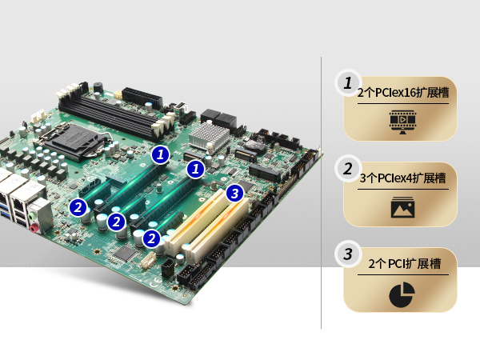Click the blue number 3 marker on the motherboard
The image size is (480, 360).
(x=234, y=193)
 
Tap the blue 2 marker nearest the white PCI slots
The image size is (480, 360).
(x=151, y=238)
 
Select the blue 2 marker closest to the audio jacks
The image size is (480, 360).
(x=78, y=207)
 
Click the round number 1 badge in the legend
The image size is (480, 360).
(x=348, y=83)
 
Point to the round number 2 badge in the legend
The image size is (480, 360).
(x=348, y=169)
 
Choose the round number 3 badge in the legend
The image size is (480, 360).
(x=348, y=254)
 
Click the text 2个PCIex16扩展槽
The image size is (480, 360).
(x=403, y=93)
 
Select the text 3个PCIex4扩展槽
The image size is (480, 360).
(x=403, y=178)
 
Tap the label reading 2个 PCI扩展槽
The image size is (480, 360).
(x=404, y=263)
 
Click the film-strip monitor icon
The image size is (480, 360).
(x=403, y=122)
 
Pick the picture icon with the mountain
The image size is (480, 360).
(x=403, y=207)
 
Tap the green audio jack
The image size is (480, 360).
(x=32, y=217)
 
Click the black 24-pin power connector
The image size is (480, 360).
(x=142, y=98)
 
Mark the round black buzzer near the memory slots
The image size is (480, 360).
(x=98, y=87)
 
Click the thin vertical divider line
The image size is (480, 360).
(x=321, y=193)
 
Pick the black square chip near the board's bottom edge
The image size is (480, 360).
(x=125, y=253)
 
